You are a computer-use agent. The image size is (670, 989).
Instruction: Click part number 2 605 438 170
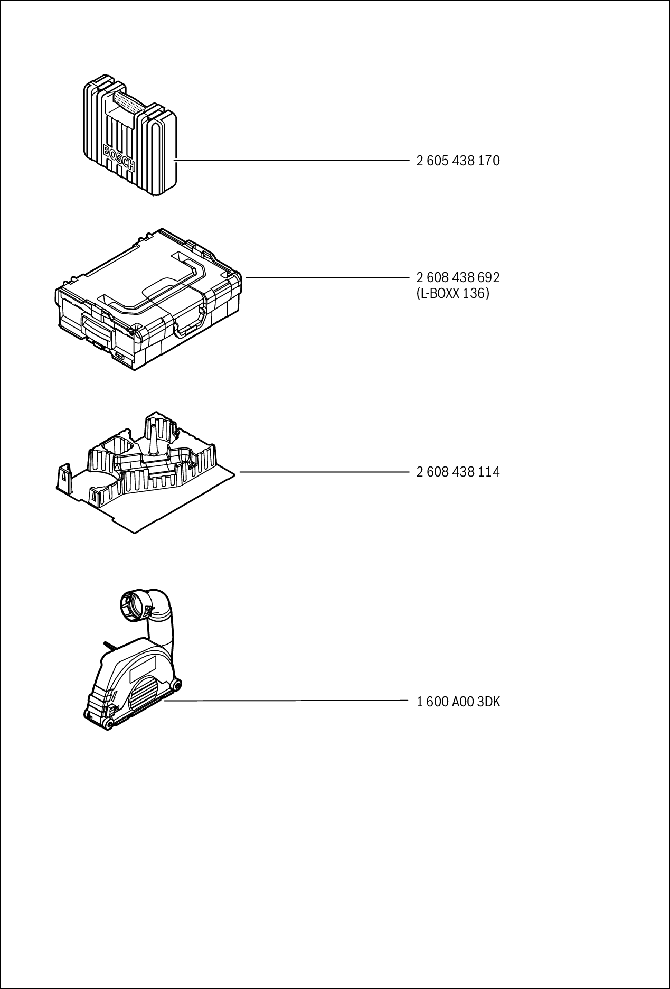coord(458,161)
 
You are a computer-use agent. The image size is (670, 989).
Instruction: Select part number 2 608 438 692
coord(458,277)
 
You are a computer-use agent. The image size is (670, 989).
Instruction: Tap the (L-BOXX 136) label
coord(453,293)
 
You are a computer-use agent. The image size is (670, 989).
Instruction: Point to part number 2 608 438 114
coord(458,472)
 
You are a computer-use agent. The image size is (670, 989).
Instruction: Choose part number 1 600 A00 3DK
coord(458,702)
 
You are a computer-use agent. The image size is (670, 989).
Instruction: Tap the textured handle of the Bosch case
coord(128,102)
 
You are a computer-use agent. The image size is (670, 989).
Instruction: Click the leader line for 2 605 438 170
coord(290,160)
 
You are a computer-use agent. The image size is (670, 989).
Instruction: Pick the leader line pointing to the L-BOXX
coord(327,277)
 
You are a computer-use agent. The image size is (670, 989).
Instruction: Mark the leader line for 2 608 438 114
coord(325,472)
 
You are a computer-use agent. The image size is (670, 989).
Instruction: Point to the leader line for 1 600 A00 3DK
coord(288,701)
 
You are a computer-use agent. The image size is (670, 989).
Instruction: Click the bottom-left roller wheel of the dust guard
coord(108,724)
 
